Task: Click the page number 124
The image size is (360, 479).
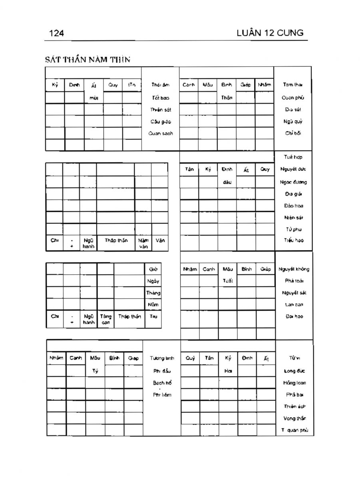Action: click(56, 33)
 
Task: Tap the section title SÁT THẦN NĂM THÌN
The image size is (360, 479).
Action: click(88, 60)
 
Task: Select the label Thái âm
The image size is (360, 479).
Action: click(161, 85)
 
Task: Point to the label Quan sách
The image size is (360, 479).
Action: click(161, 133)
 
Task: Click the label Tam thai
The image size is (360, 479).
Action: click(293, 85)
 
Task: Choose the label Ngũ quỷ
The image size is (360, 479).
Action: click(293, 121)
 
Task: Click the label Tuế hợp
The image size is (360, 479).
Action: click(293, 157)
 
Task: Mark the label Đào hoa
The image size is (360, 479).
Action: click(293, 206)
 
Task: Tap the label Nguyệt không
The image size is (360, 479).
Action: click(294, 269)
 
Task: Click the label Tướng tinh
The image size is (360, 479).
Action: click(162, 358)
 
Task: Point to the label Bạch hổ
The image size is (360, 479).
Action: click(162, 383)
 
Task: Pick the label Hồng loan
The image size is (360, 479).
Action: click(294, 383)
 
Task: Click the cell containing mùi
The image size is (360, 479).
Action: click(94, 97)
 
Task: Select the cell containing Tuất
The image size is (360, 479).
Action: click(227, 281)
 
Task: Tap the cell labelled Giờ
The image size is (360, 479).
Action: click(153, 269)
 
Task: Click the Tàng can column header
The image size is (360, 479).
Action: click(105, 319)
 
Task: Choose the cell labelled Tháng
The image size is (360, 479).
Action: click(153, 293)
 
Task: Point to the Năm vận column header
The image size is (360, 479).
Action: click(143, 243)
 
